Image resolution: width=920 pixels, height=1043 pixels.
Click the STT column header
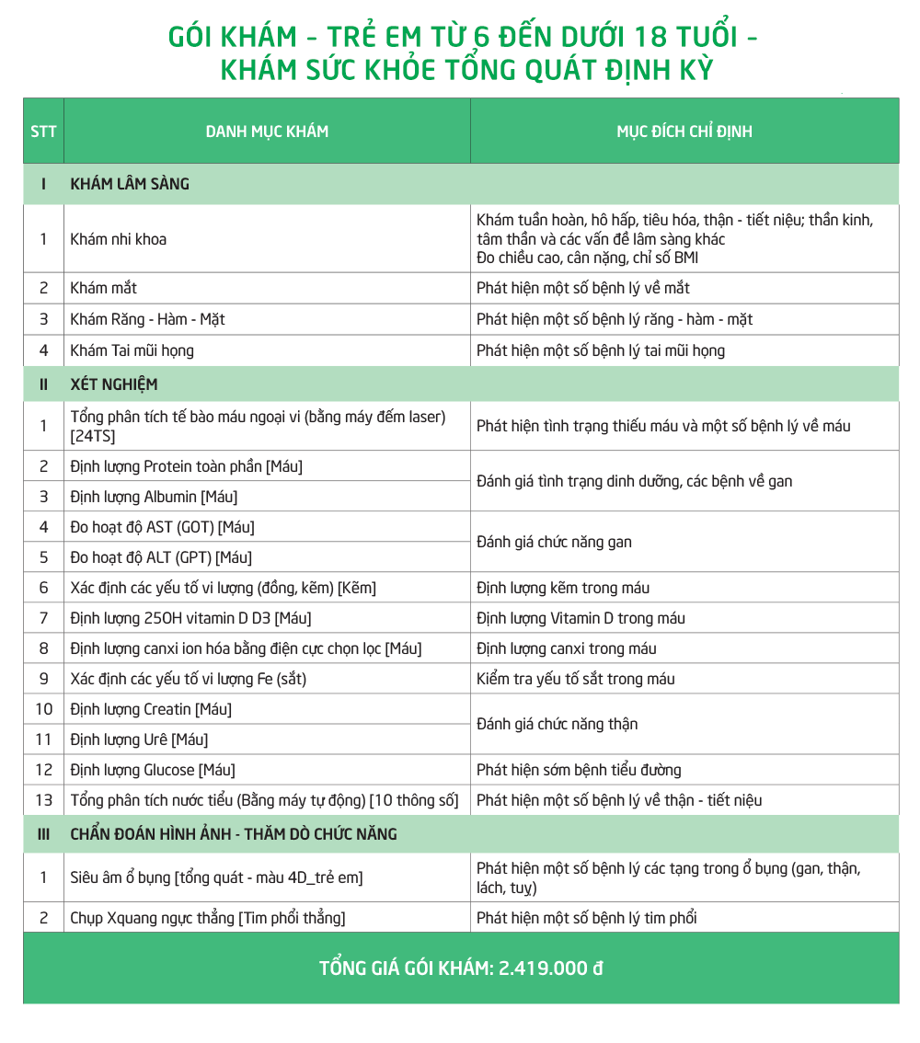(43, 132)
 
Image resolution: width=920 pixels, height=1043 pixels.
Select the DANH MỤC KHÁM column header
(267, 132)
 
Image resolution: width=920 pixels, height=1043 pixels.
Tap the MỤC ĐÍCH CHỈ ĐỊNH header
(684, 132)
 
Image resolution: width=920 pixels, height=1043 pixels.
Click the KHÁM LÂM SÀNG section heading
(130, 184)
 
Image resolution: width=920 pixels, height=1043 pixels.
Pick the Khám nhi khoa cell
(119, 239)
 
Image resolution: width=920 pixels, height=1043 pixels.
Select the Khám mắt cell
(104, 288)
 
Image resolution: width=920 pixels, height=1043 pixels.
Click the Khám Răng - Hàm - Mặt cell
(148, 319)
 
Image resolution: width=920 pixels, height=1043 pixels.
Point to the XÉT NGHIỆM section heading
(114, 384)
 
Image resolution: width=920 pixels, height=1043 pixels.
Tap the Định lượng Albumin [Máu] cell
(154, 497)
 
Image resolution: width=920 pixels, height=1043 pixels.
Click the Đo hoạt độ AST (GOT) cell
(162, 527)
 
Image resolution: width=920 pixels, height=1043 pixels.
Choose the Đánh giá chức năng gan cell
(555, 542)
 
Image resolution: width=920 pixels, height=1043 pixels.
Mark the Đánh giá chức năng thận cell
(558, 724)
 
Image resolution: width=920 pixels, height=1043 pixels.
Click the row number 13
(43, 800)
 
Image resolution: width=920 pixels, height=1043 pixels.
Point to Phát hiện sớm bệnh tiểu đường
(579, 770)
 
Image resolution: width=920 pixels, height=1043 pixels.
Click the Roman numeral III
(43, 835)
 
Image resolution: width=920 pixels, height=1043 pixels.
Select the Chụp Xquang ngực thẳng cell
(208, 918)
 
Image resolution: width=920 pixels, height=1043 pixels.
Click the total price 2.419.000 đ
(551, 968)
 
